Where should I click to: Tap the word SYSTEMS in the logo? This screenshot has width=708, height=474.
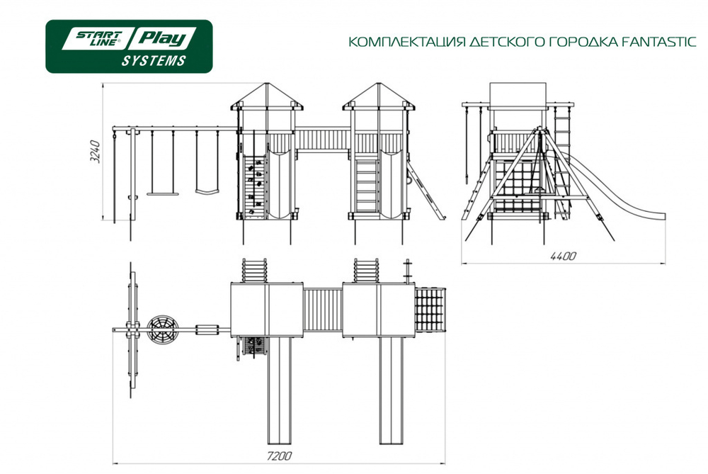click(154, 60)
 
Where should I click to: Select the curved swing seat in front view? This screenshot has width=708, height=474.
click(207, 191)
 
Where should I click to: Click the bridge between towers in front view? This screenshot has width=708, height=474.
click(322, 139)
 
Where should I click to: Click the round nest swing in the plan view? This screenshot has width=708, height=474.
click(163, 329)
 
